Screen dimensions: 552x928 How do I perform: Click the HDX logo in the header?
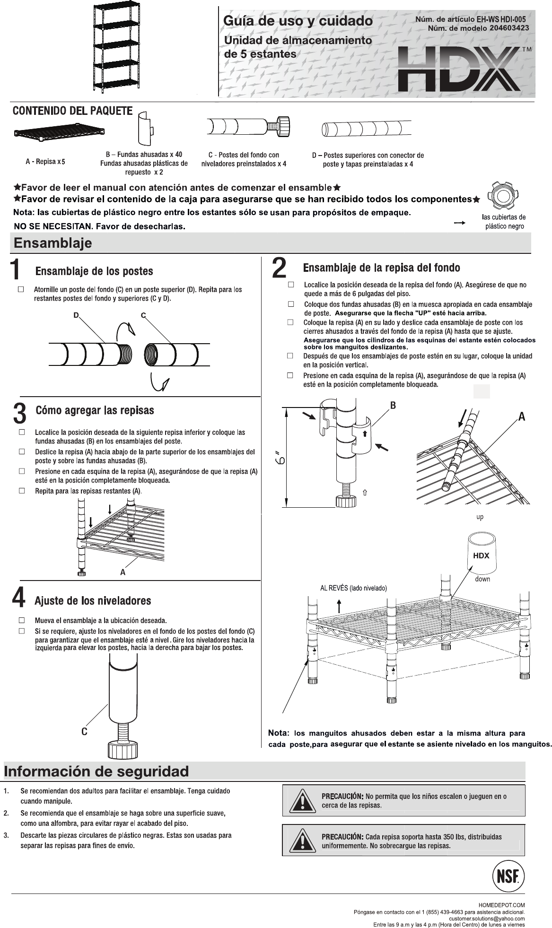point(459,69)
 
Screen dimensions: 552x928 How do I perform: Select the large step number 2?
point(279,268)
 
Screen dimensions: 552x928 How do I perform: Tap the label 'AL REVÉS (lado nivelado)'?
point(354,588)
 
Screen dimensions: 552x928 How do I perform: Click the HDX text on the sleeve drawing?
point(481,555)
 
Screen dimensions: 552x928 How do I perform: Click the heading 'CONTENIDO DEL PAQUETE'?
point(72,111)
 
